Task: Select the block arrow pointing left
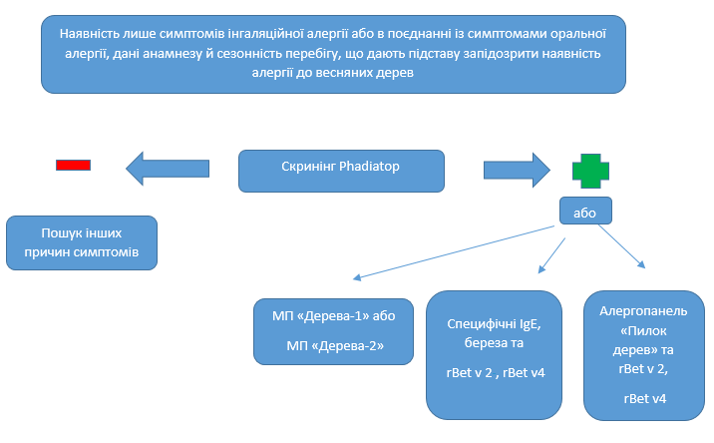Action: (168, 166)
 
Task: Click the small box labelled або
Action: (585, 212)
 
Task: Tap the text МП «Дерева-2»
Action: (335, 345)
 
